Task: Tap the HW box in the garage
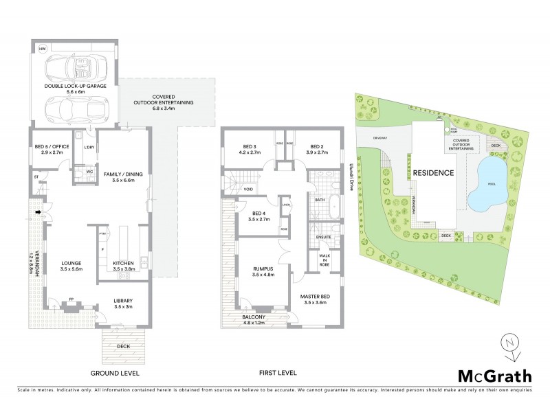pos(42,49)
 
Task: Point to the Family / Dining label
pos(123,177)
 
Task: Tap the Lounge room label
pos(71,266)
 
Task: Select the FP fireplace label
pos(71,299)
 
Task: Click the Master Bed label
pos(315,299)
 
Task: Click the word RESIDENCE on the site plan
pos(432,173)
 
